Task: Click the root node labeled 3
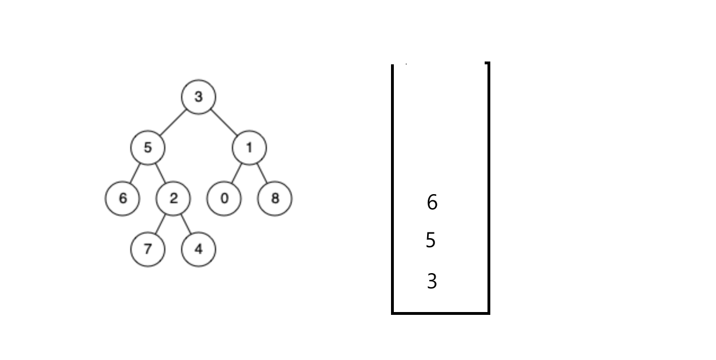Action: (x=198, y=96)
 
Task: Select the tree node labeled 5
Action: (x=147, y=148)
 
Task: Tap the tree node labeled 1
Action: (x=249, y=148)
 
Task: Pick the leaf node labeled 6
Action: (x=122, y=199)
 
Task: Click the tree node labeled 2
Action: (x=173, y=199)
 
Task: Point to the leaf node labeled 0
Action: (x=224, y=199)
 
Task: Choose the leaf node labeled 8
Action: (x=275, y=199)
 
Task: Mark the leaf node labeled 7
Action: (x=147, y=249)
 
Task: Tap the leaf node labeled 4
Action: (x=198, y=249)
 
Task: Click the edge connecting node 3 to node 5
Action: (x=173, y=122)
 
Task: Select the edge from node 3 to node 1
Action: (x=223, y=122)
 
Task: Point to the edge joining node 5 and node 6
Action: (x=135, y=173)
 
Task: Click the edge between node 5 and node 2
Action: (x=160, y=173)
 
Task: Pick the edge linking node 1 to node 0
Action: (x=236, y=173)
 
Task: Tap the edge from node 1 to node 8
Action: (x=262, y=173)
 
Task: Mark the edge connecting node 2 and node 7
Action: (x=160, y=224)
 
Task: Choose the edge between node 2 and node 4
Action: (x=186, y=224)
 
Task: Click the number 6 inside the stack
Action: (x=432, y=202)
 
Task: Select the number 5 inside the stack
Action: (x=431, y=241)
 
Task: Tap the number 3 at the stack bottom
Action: (x=432, y=281)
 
